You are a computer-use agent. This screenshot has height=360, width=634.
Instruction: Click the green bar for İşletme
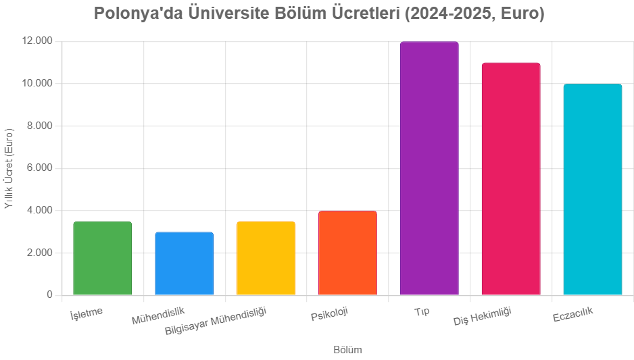point(102,258)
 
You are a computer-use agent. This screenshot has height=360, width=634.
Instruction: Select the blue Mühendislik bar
point(184,263)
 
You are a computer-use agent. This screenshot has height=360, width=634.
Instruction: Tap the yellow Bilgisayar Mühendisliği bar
point(266,258)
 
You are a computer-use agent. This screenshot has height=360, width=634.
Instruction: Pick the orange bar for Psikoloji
point(347,253)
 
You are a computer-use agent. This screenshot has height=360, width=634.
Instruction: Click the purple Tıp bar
point(429,168)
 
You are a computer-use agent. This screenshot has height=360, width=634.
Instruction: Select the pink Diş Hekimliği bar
point(511,179)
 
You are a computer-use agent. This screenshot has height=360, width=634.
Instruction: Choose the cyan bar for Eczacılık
point(593,189)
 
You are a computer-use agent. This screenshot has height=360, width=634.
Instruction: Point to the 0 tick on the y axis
point(50,294)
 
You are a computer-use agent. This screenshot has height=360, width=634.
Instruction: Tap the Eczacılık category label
point(572,315)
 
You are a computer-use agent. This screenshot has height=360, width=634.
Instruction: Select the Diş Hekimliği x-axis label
point(483,317)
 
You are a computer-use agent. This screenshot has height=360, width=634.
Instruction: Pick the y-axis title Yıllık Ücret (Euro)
point(9,168)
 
